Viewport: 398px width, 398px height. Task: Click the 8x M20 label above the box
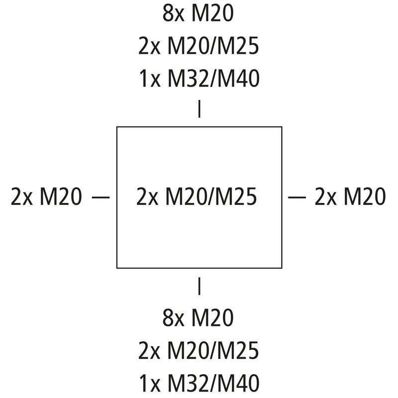point(198,14)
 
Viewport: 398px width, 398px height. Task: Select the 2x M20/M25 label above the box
point(199,46)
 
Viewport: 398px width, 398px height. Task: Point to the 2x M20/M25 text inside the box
point(197,196)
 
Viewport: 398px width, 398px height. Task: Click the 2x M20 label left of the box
point(46,196)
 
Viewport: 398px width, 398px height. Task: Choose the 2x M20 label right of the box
point(350,196)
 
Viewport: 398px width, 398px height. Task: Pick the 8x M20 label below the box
point(198,317)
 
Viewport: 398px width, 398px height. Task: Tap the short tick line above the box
point(199,109)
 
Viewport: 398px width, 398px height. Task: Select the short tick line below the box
point(199,286)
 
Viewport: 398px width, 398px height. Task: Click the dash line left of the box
point(101,197)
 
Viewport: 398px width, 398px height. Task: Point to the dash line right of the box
point(297,197)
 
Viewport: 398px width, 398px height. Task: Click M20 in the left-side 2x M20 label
point(61,196)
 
